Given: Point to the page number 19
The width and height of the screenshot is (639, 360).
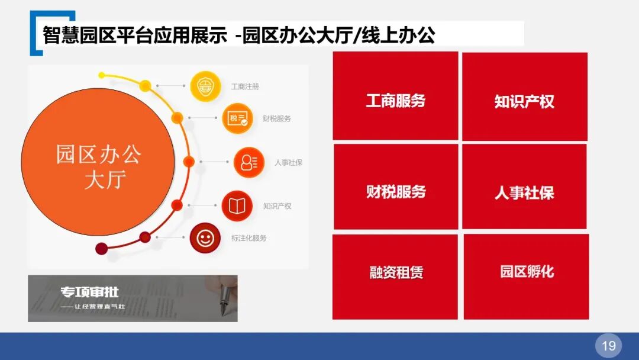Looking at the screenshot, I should [608, 345].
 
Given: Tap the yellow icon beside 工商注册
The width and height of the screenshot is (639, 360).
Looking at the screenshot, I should [205, 86].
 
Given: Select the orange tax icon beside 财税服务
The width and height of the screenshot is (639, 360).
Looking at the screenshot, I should [237, 118].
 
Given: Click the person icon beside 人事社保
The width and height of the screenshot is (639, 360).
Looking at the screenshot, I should [248, 162].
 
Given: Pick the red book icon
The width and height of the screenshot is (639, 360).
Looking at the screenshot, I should [237, 205].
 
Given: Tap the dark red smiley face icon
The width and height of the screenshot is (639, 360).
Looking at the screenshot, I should [205, 238].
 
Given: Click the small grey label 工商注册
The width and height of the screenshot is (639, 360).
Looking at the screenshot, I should [245, 87].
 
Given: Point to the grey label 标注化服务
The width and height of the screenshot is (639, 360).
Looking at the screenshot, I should [249, 238].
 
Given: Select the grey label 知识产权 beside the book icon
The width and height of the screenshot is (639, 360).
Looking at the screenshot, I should [277, 206].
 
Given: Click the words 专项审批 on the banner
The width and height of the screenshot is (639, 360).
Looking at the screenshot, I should [89, 292].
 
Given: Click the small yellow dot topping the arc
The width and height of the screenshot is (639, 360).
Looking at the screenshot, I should [102, 75].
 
